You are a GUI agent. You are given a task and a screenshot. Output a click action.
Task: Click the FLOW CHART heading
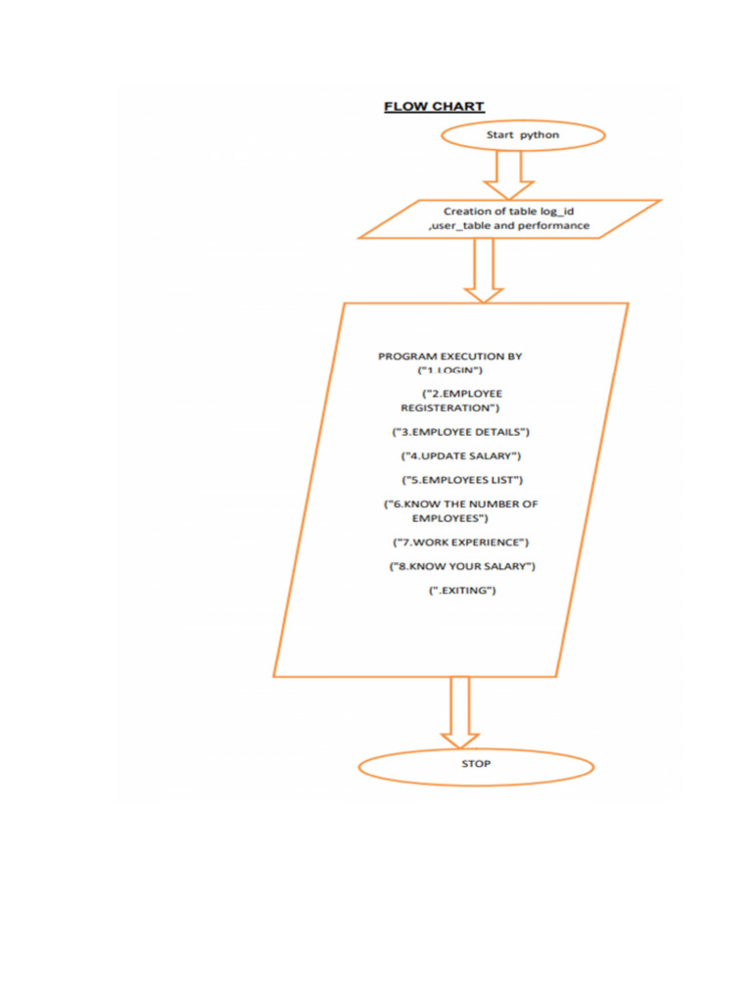(433, 107)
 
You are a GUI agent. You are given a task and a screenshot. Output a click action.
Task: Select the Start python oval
(523, 136)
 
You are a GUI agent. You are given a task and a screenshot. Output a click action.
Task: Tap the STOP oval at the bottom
(476, 765)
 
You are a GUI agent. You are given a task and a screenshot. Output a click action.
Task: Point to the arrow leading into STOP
(459, 713)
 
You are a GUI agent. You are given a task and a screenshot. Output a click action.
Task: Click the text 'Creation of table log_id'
(508, 211)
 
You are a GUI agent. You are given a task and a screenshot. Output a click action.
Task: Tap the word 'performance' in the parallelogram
(553, 226)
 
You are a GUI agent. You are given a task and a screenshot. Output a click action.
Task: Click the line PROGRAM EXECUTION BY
(449, 357)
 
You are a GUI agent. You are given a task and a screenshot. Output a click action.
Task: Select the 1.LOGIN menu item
(450, 372)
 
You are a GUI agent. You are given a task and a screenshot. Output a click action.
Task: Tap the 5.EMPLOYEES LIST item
(463, 480)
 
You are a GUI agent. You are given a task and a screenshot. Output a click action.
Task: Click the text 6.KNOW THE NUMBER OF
(460, 504)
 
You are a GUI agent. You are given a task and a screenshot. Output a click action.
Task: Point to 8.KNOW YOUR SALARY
(462, 566)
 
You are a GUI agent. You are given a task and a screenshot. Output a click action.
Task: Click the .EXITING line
(463, 591)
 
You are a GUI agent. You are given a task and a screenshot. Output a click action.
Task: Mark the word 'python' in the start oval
(540, 135)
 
